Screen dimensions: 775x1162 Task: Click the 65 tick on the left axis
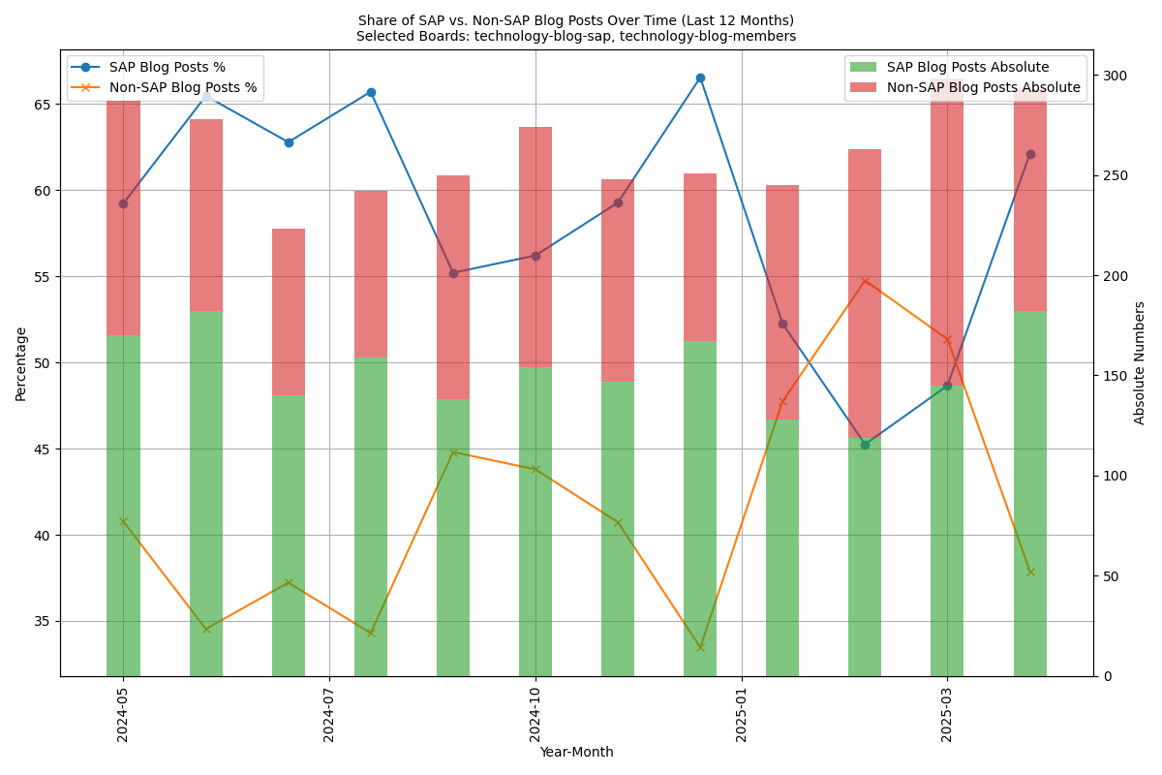(43, 104)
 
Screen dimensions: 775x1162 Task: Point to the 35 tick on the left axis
(43, 622)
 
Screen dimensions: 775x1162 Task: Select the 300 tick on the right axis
(1114, 76)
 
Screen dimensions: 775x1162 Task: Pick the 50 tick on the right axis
(1110, 576)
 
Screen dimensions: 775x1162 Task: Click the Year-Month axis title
(576, 753)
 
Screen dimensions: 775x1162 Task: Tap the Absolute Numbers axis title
(1140, 362)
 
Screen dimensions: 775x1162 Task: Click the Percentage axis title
(21, 363)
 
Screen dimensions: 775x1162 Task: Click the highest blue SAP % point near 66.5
(700, 77)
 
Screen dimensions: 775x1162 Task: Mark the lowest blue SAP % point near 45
(865, 445)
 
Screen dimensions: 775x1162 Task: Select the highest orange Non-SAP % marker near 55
(865, 281)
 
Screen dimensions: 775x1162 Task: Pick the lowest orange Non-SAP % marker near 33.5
(700, 647)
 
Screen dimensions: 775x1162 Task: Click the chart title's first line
(576, 20)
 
